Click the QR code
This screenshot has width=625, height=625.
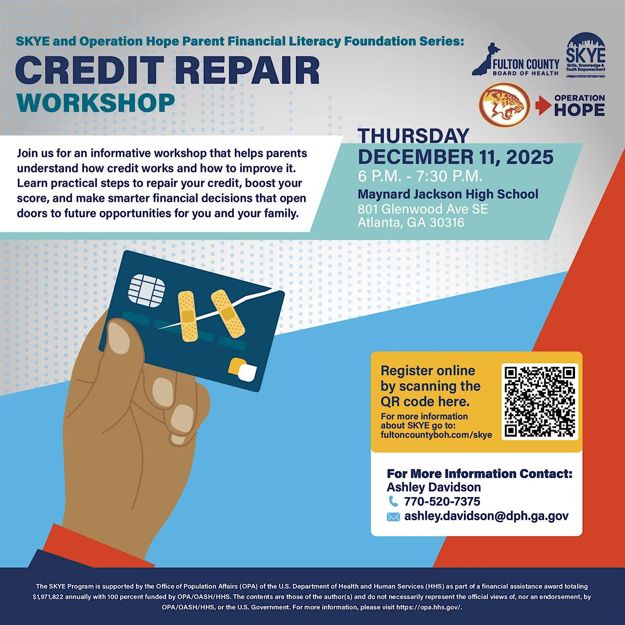point(540,401)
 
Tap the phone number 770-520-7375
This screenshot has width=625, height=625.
point(442,502)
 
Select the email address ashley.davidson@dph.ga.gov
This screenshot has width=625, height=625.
point(486,517)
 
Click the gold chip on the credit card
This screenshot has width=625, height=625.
point(147,286)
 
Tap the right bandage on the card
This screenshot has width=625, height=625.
point(228,312)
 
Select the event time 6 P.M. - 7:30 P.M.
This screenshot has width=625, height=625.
point(423,175)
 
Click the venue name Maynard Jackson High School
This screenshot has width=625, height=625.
point(448,194)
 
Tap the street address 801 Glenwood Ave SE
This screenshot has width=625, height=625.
point(422,210)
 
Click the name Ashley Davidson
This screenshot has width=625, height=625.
point(433,487)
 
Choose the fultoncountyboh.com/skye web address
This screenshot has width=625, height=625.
point(436,434)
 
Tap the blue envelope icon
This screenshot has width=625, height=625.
point(393,517)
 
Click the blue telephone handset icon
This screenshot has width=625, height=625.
point(393,501)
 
